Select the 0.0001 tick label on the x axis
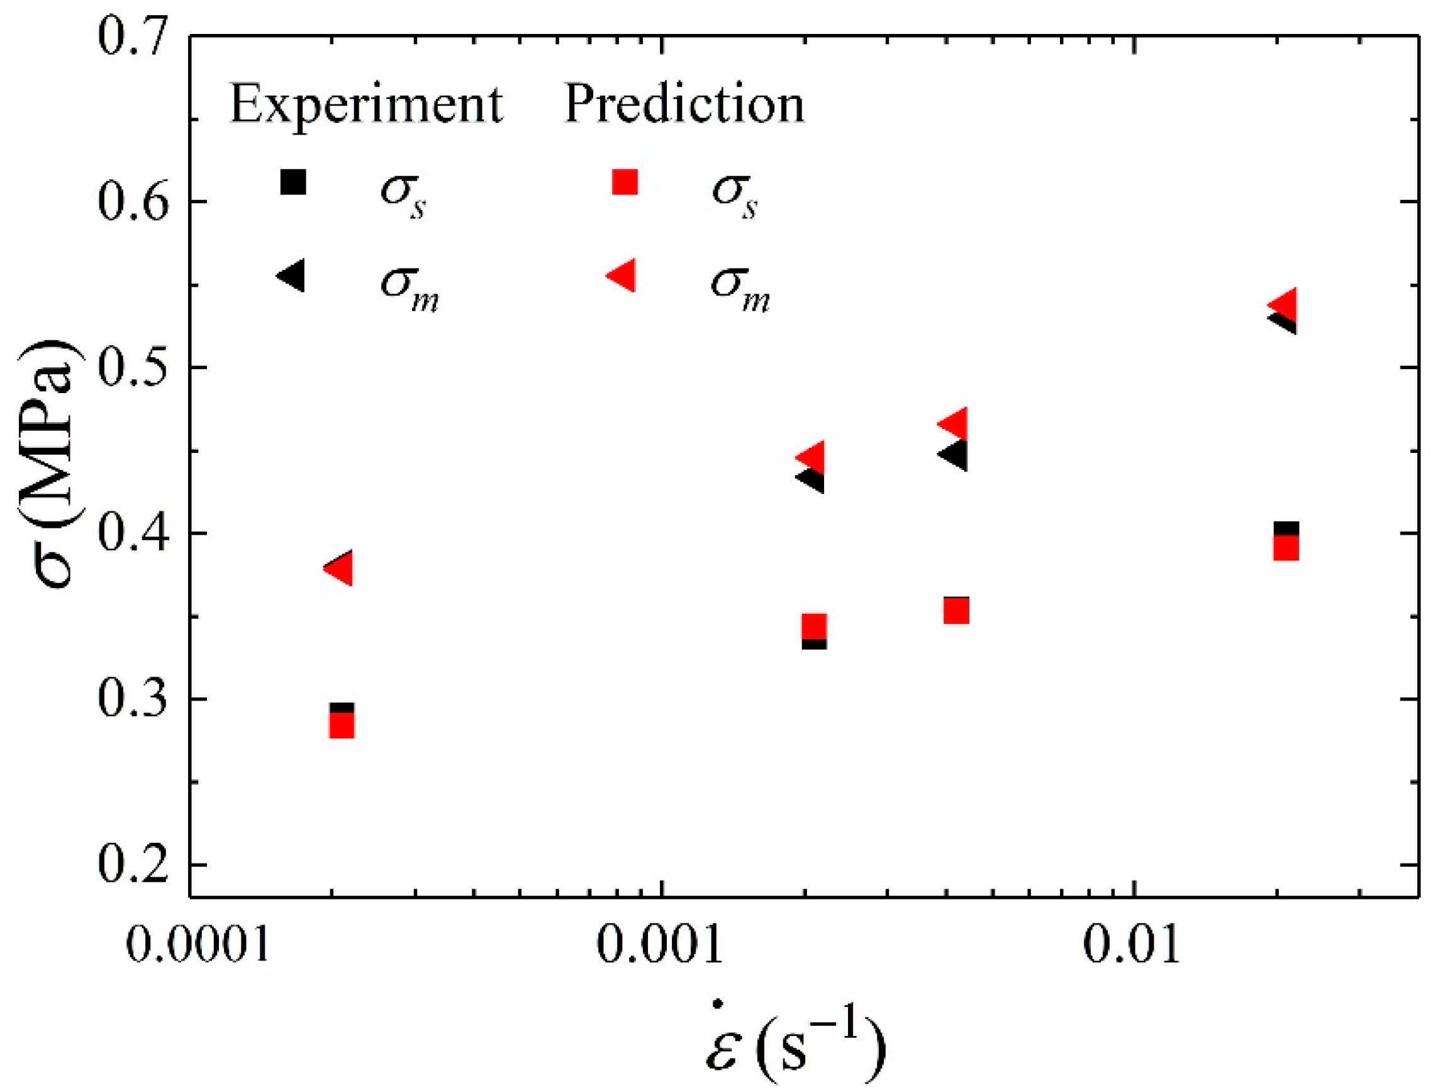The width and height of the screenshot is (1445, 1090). tap(198, 945)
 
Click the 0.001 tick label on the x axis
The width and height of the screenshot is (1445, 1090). tap(661, 945)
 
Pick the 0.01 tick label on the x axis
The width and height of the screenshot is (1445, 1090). tap(1133, 945)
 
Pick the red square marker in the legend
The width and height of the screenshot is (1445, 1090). tap(625, 182)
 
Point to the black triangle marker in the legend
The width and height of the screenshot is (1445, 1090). tap(292, 275)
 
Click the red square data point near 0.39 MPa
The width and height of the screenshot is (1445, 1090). tap(1286, 547)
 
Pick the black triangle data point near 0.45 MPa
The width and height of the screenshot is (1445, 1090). tap(955, 455)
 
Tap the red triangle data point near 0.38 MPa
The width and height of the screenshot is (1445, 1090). tap(340, 569)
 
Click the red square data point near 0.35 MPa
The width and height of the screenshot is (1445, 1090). tap(956, 611)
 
